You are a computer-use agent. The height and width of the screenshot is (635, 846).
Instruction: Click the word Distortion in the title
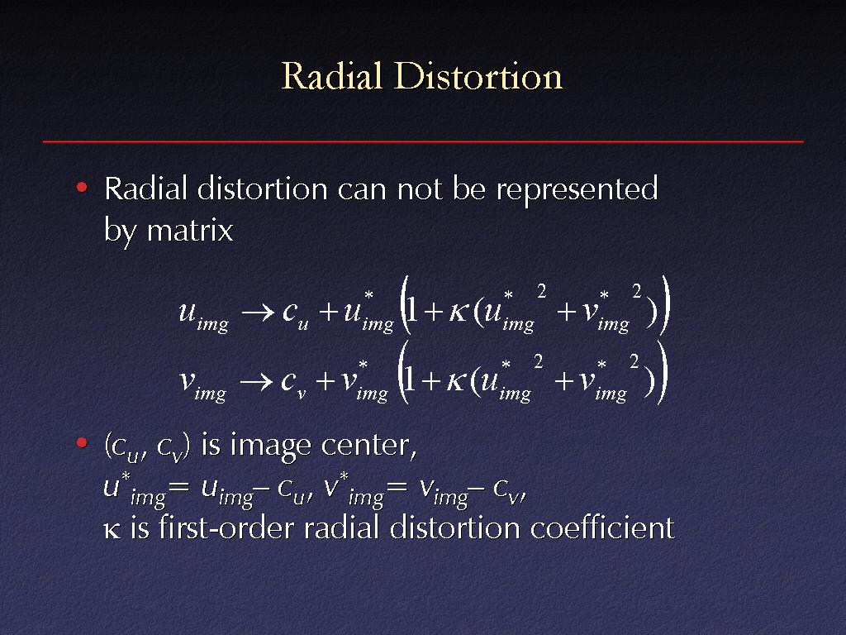[x=478, y=75]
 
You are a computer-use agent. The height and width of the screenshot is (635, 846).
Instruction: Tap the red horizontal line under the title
[x=423, y=141]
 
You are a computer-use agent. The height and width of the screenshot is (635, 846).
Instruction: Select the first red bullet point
[x=82, y=188]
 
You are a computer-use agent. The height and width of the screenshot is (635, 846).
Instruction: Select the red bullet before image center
[x=82, y=443]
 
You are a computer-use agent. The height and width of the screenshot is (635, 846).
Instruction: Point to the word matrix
[x=190, y=230]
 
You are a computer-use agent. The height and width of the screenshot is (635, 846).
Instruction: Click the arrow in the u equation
[x=258, y=313]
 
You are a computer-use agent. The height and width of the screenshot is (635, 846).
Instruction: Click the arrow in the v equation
[x=256, y=382]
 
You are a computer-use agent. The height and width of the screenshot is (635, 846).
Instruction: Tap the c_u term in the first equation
[x=295, y=315]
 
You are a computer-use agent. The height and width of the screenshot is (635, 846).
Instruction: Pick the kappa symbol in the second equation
[x=455, y=382]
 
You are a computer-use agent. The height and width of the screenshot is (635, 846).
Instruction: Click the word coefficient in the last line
[x=602, y=528]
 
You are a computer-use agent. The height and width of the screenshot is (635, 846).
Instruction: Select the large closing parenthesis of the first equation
[x=666, y=305]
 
